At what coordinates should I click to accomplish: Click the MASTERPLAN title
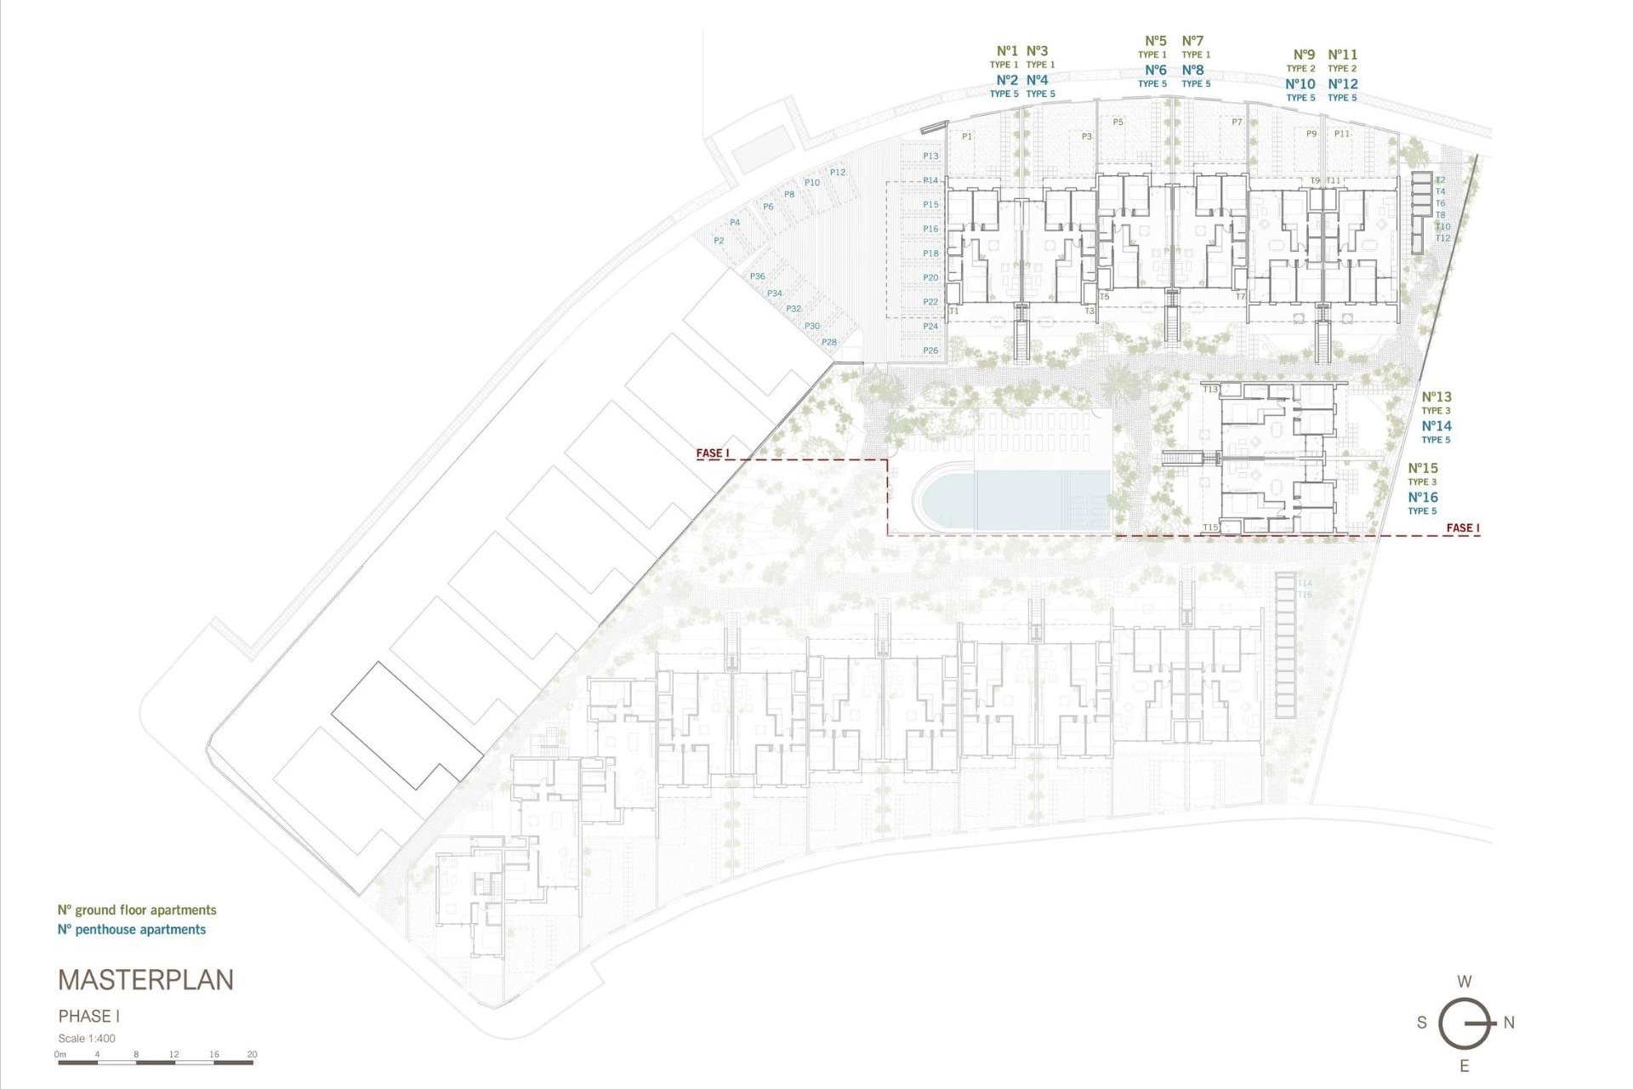coord(145,980)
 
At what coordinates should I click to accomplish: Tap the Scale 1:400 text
coord(87,1038)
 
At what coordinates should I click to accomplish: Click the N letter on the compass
coord(1509,1023)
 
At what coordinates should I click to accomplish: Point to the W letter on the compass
coord(1465,982)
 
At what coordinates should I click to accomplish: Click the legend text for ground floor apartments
coord(137,910)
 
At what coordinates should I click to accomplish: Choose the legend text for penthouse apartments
coord(132,930)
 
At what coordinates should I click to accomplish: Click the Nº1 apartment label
coord(1007,51)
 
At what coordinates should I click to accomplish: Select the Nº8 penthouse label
coord(1193,71)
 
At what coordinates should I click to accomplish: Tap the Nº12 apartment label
coord(1343,84)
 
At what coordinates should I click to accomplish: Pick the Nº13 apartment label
coord(1437,396)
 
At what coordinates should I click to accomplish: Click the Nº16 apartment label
coord(1423,498)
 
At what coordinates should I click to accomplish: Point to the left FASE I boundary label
coord(713,453)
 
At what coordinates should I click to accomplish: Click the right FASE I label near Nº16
coord(1463,528)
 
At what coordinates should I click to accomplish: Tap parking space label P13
coord(930,156)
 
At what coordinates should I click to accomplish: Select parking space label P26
coord(930,351)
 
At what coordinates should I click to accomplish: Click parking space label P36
coord(757,277)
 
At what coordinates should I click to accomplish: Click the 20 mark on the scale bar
coord(252,1054)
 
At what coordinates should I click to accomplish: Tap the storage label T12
coord(1442,238)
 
